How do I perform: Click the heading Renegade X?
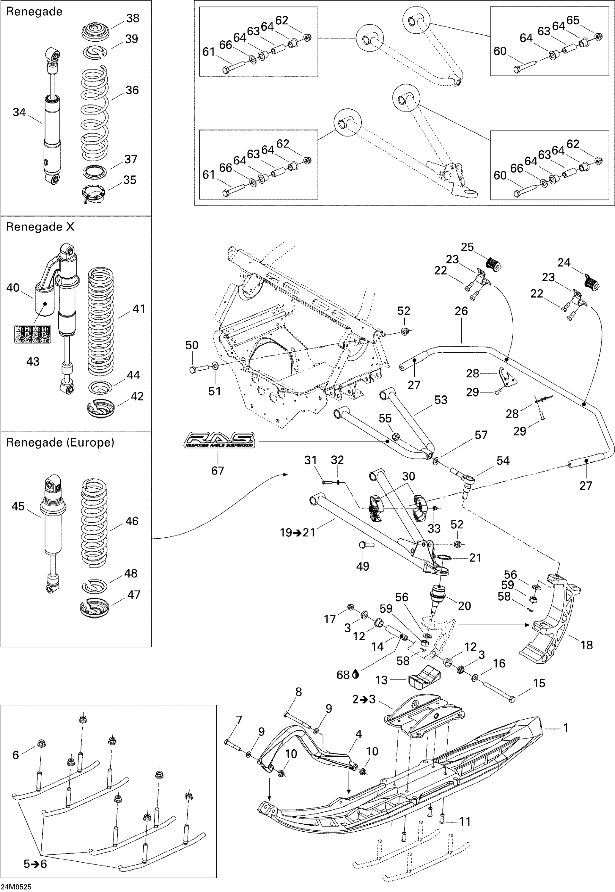pyautogui.click(x=40, y=227)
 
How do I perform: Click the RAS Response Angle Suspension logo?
pyautogui.click(x=219, y=440)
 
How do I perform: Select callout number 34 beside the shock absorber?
pyautogui.click(x=19, y=112)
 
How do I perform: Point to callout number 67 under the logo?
pyautogui.click(x=217, y=470)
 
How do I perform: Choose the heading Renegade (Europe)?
pyautogui.click(x=60, y=442)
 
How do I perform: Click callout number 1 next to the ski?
pyautogui.click(x=566, y=728)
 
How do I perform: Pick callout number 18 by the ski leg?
pyautogui.click(x=586, y=645)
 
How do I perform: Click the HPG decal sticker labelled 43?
pyautogui.click(x=32, y=334)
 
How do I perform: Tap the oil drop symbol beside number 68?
pyautogui.click(x=356, y=674)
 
